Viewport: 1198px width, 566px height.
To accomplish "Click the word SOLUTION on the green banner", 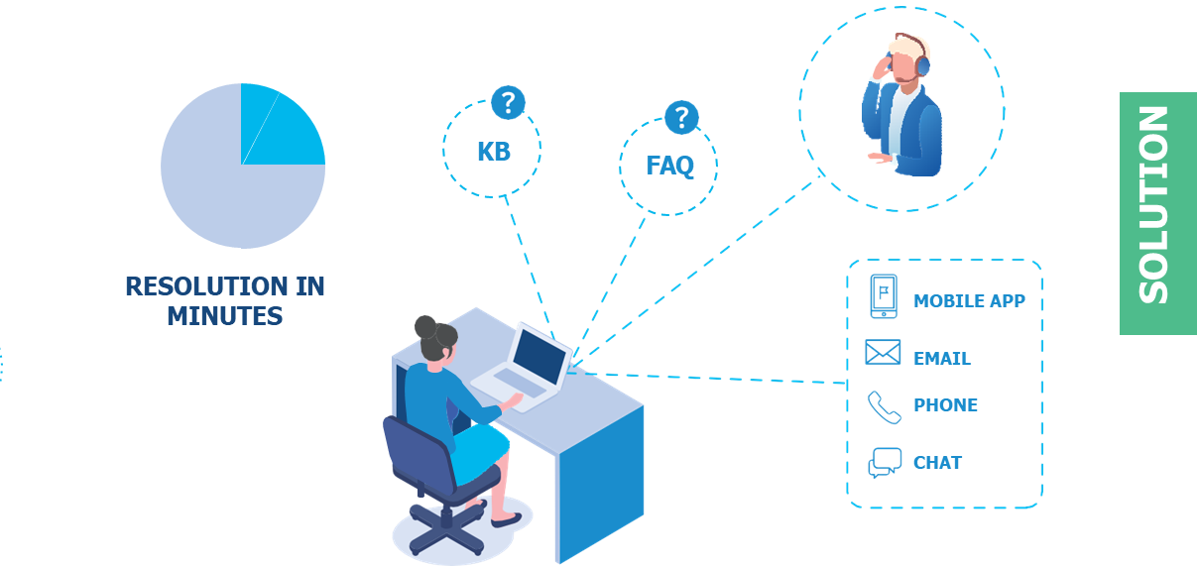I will coord(1153,205).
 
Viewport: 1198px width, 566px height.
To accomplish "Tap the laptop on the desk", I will coord(526,368).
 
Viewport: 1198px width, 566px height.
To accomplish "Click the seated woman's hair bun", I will coord(426,326).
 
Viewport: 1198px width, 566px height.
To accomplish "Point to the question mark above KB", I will coord(508,102).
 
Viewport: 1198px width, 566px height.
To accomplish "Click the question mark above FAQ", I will coord(680,117).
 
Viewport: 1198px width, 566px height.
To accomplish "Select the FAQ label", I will coord(672,171).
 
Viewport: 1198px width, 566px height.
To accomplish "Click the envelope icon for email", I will coord(881,353).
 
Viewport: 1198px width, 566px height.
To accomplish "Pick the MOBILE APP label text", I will coord(972,301).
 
